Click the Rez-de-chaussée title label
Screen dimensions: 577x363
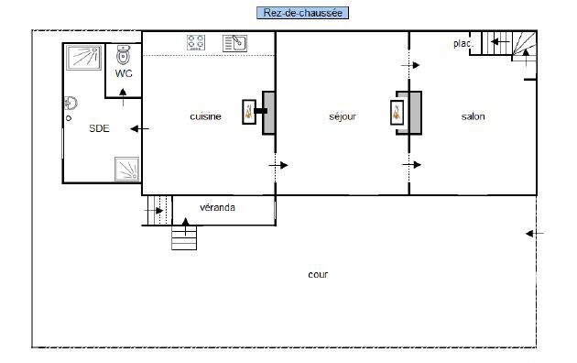302,13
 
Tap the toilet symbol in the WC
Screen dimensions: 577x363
124,54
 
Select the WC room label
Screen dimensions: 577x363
124,73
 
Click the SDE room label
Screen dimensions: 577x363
99,128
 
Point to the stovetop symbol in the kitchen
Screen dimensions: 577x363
196,43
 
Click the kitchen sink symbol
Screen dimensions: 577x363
234,43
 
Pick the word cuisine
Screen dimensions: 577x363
205,116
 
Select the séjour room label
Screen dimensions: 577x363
343,116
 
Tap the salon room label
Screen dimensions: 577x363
473,116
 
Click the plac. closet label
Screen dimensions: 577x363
463,43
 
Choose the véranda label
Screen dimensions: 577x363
217,207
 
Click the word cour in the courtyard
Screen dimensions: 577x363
318,275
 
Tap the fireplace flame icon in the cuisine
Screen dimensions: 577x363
249,112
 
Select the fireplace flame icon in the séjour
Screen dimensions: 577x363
397,113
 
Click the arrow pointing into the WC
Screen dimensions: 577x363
123,97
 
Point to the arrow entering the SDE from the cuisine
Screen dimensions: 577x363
139,128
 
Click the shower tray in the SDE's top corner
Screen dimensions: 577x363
83,58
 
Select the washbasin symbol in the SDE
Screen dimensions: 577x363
71,103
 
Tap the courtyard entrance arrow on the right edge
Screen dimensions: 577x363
535,233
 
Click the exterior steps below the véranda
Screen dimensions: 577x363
184,238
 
